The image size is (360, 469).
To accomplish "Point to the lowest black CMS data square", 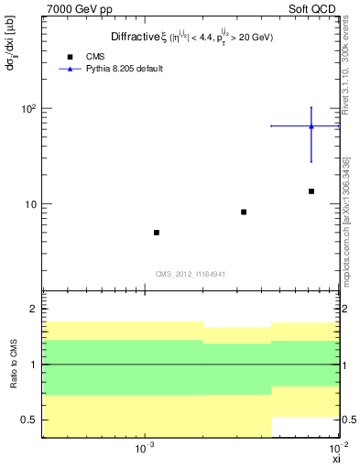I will [157, 233].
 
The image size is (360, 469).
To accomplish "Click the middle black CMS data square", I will [244, 212].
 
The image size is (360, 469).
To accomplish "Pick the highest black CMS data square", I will [311, 191].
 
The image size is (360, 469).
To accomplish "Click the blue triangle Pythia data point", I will [311, 126].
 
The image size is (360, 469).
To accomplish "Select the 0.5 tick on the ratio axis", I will [29, 420].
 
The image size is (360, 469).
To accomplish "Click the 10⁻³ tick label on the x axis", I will [144, 450].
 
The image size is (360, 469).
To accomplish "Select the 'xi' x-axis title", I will [335, 460].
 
